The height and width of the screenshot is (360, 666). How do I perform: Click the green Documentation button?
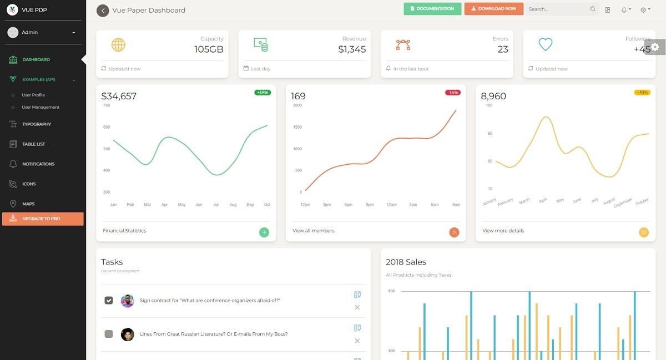coord(432,9)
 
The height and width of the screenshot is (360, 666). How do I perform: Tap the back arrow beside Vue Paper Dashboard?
coord(103,11)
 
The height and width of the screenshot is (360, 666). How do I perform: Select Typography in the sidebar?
coord(37,124)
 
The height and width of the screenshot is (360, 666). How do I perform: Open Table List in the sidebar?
coord(33,144)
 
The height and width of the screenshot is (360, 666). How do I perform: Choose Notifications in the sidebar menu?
coord(38,164)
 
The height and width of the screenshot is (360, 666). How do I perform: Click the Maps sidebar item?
coord(28,204)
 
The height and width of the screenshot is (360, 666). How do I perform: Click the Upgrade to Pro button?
coord(43,219)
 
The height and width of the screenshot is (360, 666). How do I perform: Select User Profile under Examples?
coord(33,95)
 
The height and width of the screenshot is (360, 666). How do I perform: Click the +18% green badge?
coord(263,93)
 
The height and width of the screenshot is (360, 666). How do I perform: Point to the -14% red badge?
coord(452,93)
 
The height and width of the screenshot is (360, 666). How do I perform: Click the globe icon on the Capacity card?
coord(118,45)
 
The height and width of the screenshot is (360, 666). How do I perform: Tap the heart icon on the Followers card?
coord(546,44)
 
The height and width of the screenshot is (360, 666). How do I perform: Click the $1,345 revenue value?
coord(352,49)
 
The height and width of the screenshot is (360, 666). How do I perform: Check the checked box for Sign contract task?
coord(109,301)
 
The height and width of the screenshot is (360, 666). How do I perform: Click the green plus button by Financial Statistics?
coord(264,232)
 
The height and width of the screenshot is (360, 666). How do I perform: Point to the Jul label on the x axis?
coord(216,205)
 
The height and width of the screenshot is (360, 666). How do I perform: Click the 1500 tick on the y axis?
coord(297,127)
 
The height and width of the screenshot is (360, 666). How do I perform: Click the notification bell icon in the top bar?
coord(624,9)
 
